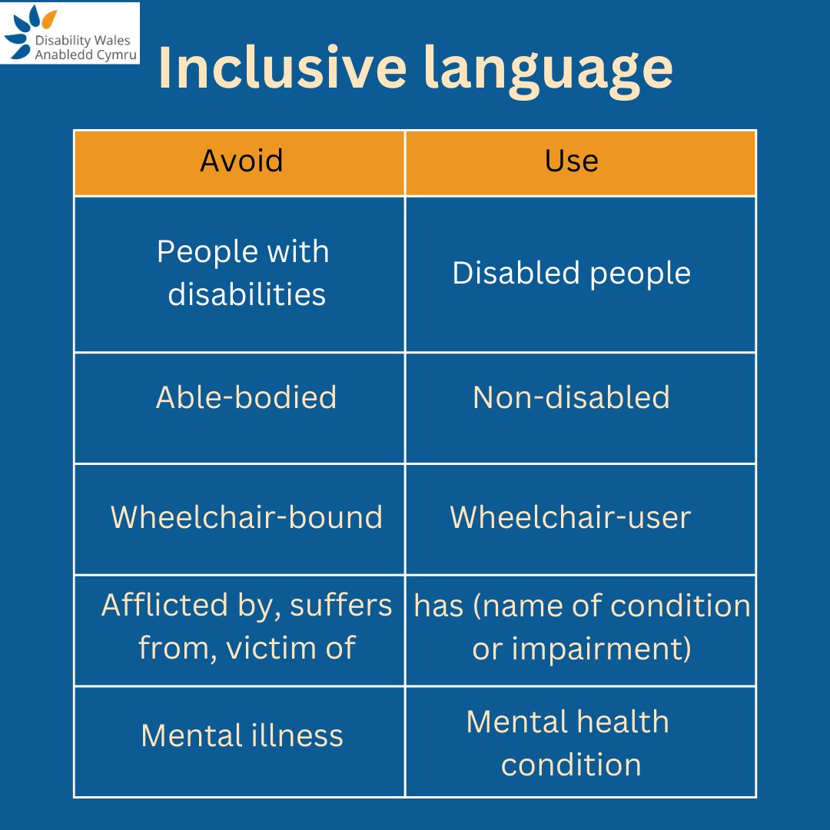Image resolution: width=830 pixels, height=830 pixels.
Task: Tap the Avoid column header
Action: pos(241,161)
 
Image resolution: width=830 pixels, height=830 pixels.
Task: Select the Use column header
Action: pos(572,161)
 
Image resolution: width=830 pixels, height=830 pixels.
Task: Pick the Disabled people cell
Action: pos(572,274)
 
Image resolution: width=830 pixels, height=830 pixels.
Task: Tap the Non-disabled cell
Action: pos(572,397)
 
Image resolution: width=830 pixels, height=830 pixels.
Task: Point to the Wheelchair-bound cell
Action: pos(247,517)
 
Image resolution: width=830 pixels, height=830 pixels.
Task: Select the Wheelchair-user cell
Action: pos(571,517)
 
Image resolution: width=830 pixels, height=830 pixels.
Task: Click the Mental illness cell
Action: pos(242,735)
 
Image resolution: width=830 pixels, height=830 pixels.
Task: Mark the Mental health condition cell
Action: pos(569,742)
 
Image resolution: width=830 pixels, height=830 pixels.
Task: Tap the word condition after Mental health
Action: pos(571,765)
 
